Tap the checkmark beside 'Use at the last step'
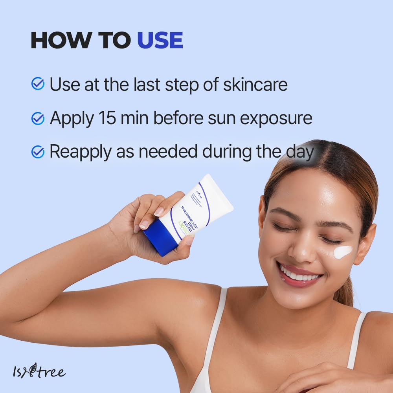tap(38, 84)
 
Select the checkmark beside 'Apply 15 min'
tap(38, 118)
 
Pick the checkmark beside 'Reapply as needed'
tap(38, 152)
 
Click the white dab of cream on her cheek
tap(343, 252)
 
